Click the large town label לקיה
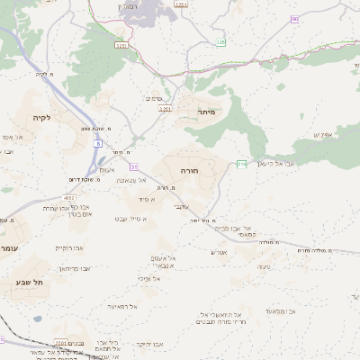(x=42, y=118)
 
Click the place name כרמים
(x=153, y=99)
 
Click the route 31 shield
(x=134, y=166)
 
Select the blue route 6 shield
(x=96, y=141)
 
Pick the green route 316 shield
(x=242, y=163)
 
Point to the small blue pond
(x=37, y=318)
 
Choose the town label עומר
(x=9, y=247)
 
